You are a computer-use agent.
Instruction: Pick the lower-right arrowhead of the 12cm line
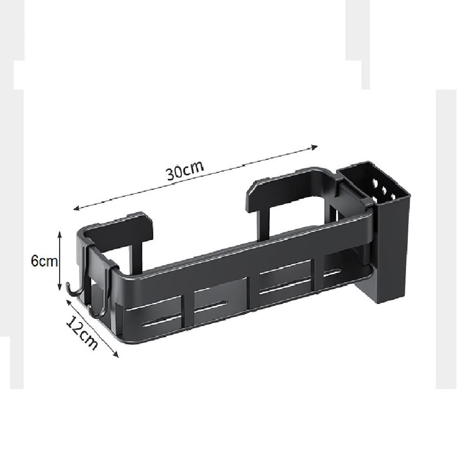tap(116, 355)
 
